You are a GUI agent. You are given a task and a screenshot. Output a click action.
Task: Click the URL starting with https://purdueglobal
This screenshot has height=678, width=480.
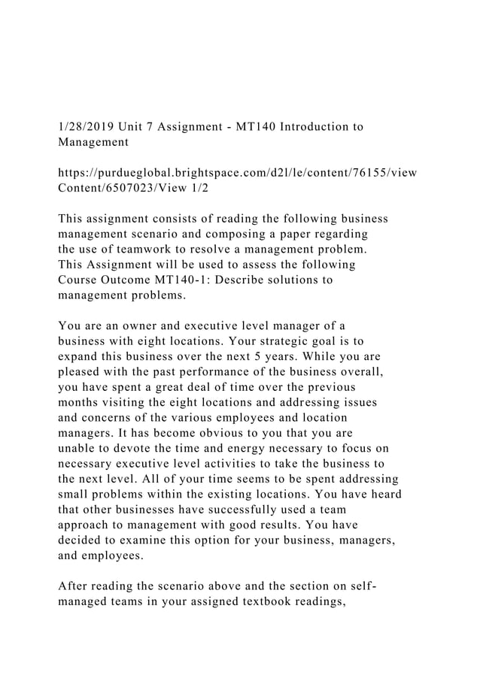pos(238,174)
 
